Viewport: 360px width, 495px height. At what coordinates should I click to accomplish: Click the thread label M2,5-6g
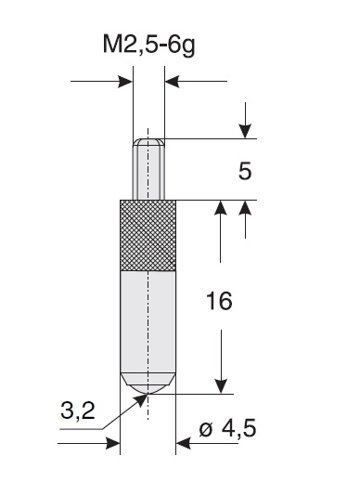148,46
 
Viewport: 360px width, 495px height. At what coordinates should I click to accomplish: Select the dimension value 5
245,172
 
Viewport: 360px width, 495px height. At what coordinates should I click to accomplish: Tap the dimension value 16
219,301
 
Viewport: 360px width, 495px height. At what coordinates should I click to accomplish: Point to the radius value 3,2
77,410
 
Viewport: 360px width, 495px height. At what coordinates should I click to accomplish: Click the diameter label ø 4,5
227,429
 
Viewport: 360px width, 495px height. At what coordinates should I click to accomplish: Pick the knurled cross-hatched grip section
148,236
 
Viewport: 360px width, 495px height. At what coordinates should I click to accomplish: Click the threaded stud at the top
148,169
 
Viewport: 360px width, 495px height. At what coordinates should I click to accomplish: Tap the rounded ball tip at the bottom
148,384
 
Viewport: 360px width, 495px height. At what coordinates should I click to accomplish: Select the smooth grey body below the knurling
148,321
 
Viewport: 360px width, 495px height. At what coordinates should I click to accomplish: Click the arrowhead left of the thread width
125,82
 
